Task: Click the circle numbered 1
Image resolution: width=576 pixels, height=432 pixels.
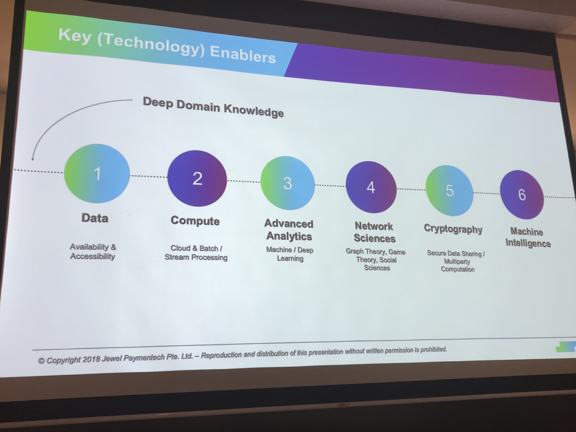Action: (97, 173)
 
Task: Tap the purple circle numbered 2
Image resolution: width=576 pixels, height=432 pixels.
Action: (197, 178)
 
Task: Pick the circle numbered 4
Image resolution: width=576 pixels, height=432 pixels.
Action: (371, 187)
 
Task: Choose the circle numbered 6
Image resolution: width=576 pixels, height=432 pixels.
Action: (522, 195)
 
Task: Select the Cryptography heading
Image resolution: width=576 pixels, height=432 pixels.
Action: (453, 229)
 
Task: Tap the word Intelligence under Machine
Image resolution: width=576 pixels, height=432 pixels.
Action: (528, 243)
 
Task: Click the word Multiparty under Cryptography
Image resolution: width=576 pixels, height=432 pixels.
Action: (457, 261)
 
